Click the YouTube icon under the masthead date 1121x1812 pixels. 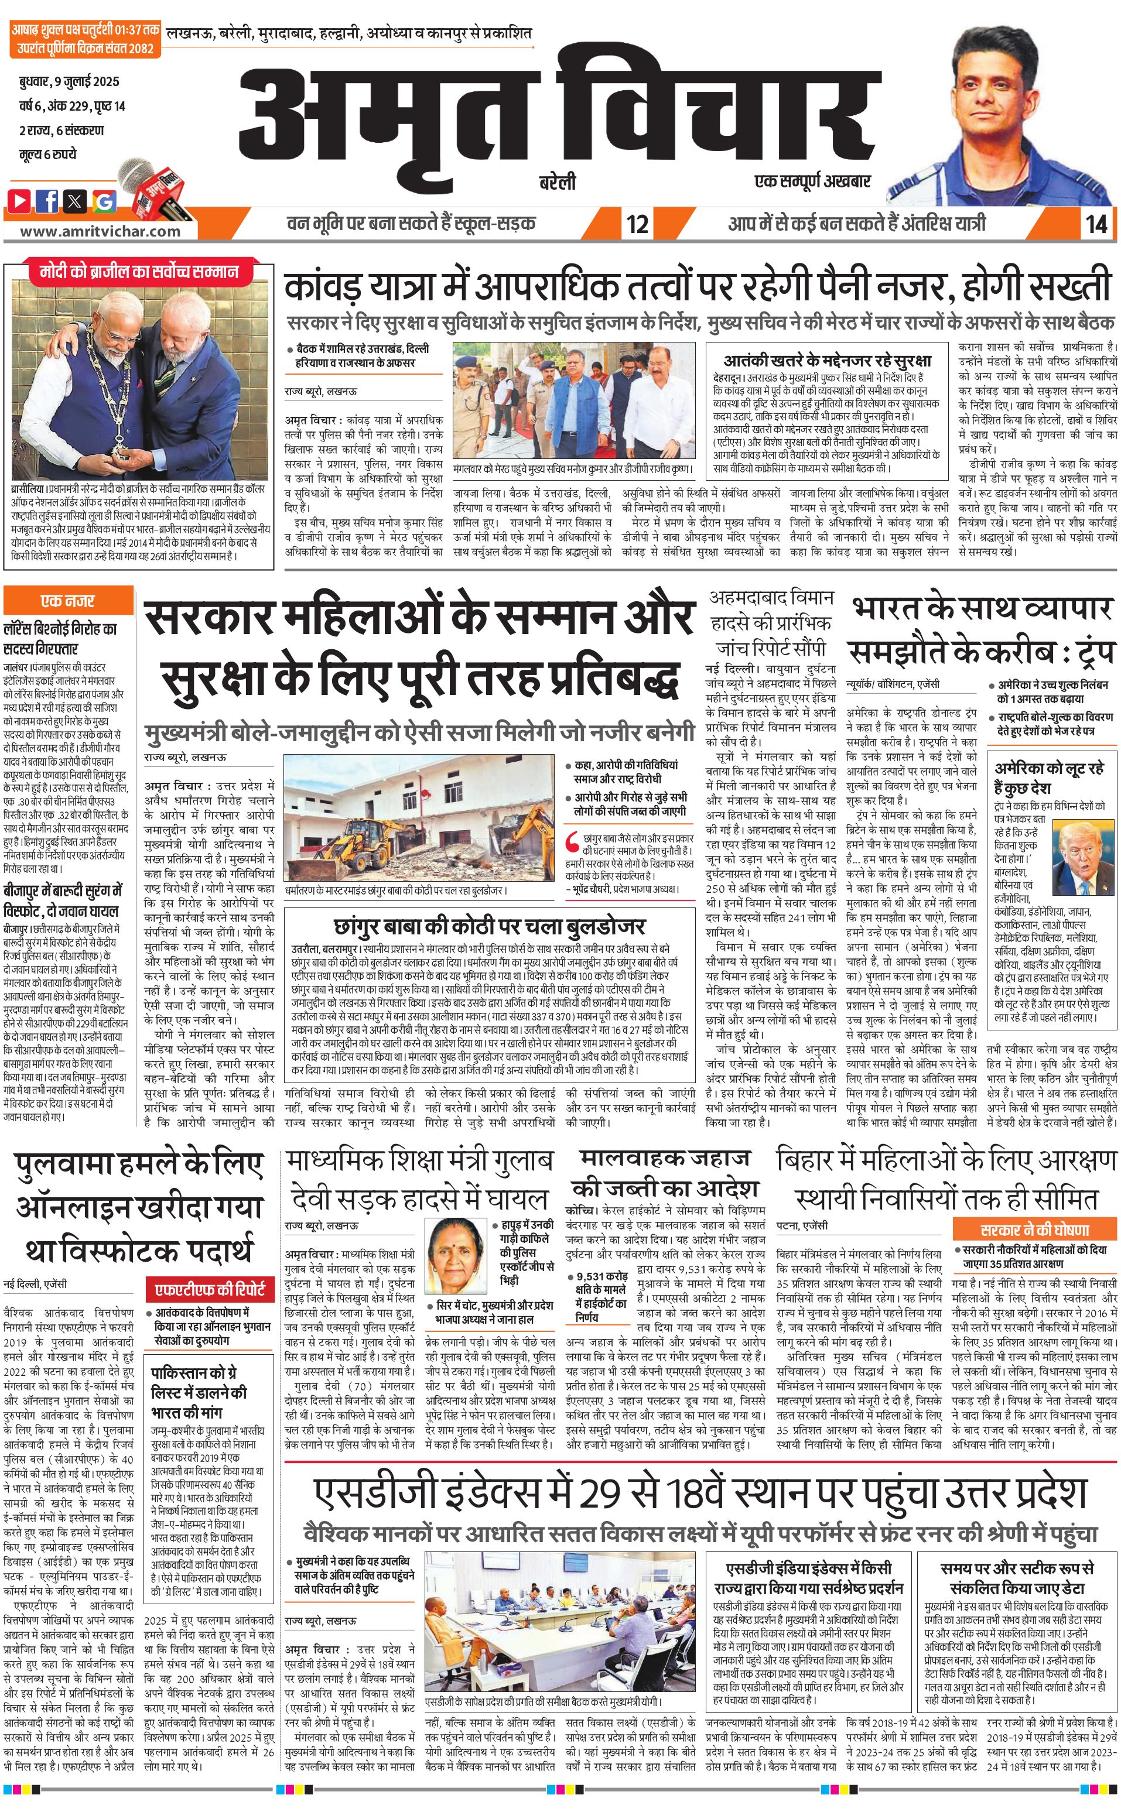20,200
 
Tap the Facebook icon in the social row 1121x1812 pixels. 47,200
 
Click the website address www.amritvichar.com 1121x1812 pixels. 100,231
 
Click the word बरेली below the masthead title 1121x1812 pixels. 557,182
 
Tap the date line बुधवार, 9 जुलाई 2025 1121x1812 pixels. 69,81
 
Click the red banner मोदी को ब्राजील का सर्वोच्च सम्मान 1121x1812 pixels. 139,272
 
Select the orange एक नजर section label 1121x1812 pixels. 67,600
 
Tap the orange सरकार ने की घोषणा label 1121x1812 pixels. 1035,1229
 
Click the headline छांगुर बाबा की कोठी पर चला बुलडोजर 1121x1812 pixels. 489,926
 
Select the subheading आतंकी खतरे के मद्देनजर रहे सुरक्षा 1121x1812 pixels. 826,361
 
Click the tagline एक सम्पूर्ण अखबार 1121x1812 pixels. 812,180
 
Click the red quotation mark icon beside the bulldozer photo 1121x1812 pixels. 572,842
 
